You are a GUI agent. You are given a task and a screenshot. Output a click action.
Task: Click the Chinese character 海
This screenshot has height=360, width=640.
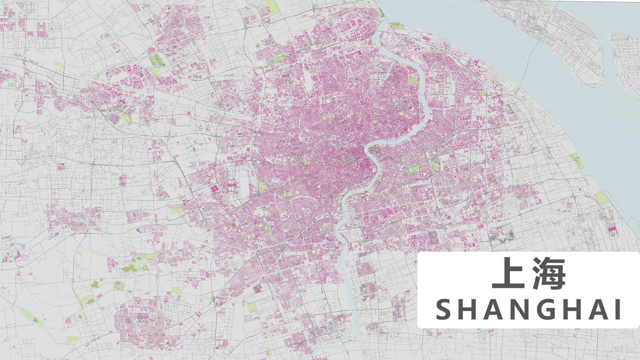point(548,273)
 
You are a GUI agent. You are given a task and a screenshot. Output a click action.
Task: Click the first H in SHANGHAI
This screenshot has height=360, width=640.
point(465,310)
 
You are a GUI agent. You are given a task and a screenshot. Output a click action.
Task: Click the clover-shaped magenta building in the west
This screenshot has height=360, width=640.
point(214,188)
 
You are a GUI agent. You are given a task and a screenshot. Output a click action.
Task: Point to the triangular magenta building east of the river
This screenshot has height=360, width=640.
point(425,174)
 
